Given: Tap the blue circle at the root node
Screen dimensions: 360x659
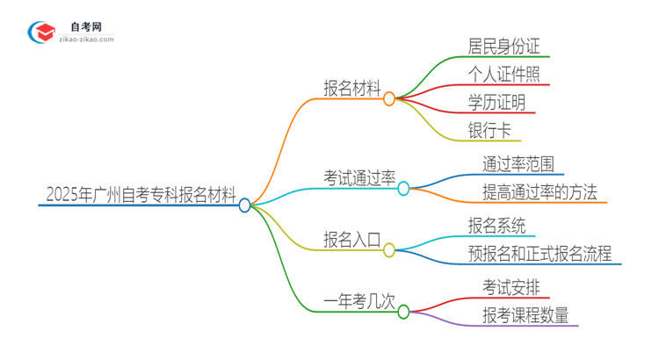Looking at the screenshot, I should [245, 205].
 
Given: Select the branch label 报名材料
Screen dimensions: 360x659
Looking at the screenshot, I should [352, 88].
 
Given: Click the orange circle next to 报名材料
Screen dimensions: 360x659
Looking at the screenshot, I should [389, 99].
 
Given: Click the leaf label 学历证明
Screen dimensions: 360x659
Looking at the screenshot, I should [497, 103].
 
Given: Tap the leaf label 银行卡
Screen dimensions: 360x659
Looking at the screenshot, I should [489, 131].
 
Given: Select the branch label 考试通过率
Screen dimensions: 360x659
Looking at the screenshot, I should [358, 176].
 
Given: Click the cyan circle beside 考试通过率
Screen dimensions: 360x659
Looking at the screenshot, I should [403, 188].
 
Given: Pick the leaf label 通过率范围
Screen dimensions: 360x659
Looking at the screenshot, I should [517, 163].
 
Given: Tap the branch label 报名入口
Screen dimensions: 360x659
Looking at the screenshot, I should [352, 239].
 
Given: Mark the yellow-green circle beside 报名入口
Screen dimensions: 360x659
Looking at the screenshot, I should [389, 250].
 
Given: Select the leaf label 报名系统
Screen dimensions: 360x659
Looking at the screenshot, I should [497, 226].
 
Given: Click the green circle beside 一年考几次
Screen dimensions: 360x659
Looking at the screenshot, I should [403, 311].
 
